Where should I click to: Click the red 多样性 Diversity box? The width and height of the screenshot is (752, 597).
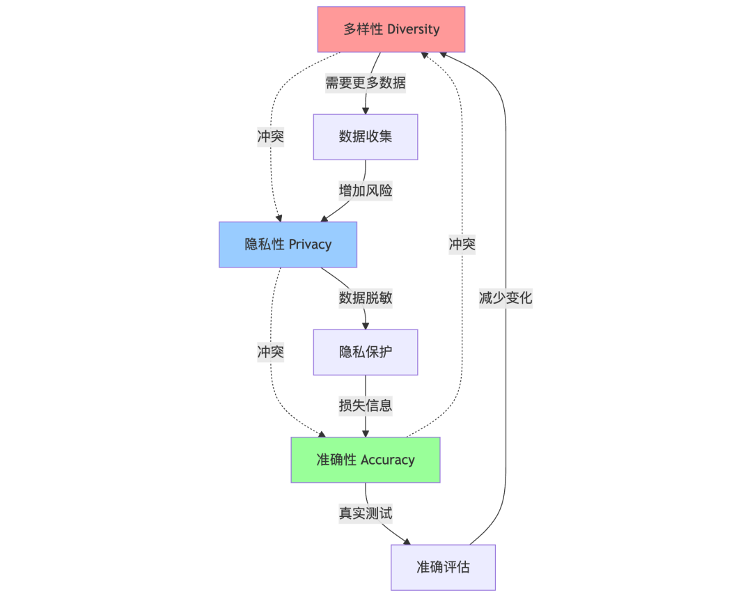(x=391, y=29)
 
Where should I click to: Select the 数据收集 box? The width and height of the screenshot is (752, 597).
(x=366, y=137)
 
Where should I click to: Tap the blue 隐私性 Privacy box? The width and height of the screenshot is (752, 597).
(x=288, y=245)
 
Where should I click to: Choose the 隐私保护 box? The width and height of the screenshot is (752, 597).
(x=366, y=352)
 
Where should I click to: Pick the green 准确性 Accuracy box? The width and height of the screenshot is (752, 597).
(x=366, y=460)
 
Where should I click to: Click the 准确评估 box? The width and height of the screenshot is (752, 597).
(x=443, y=567)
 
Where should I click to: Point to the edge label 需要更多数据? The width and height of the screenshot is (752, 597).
(x=366, y=83)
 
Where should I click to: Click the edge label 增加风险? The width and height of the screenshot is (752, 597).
(x=366, y=191)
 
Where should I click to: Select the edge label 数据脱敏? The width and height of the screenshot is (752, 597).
(x=366, y=298)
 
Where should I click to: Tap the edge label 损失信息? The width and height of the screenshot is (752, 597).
(x=366, y=406)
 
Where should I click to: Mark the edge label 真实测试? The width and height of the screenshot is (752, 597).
(x=366, y=513)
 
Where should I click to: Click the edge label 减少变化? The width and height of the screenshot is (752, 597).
(x=506, y=298)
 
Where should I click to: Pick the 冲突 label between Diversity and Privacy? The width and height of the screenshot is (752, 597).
(x=271, y=137)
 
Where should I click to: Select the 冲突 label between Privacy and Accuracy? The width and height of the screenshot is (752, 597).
(x=271, y=352)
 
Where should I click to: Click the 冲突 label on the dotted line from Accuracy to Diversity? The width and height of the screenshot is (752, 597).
(x=462, y=245)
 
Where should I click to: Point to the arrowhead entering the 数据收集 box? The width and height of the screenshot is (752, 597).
(x=366, y=110)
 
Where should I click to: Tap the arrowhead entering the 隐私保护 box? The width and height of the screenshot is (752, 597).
(x=366, y=325)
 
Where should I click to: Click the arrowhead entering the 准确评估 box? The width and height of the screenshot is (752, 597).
(x=407, y=541)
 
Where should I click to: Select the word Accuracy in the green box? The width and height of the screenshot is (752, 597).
(x=388, y=460)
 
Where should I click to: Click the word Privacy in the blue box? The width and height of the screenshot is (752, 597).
(x=310, y=245)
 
